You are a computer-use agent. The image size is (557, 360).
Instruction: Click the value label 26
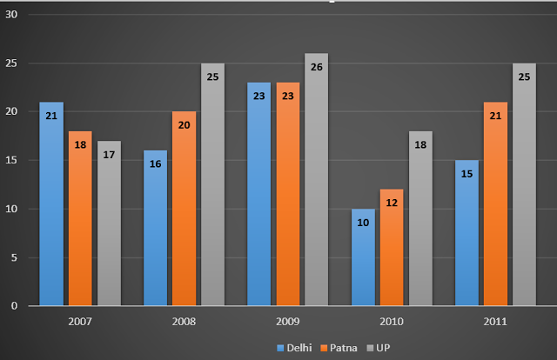pyautogui.click(x=317, y=66)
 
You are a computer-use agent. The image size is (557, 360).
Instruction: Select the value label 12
pyautogui.click(x=392, y=202)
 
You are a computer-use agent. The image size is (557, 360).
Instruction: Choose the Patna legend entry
pyautogui.click(x=333, y=347)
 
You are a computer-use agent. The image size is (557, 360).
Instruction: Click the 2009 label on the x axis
pyautogui.click(x=288, y=321)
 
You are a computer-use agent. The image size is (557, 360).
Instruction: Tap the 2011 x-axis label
pyautogui.click(x=495, y=321)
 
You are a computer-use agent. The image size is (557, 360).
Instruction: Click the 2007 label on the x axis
pyautogui.click(x=80, y=321)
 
